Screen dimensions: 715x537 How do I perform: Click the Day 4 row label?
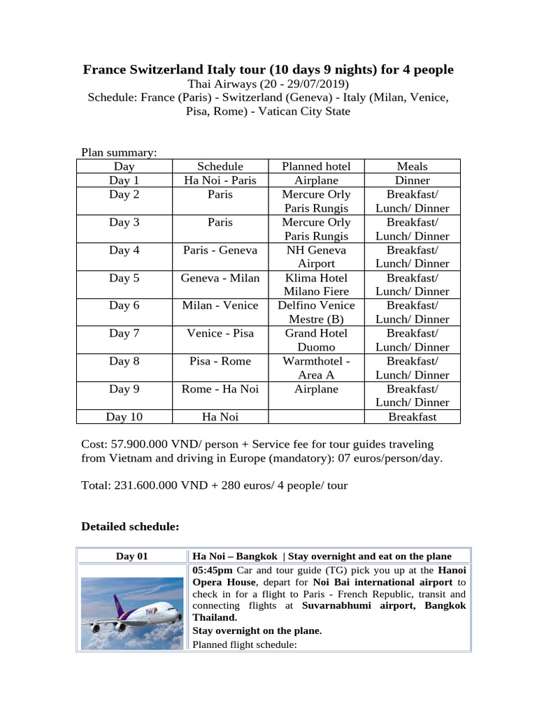click(x=124, y=250)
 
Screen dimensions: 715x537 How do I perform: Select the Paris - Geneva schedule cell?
click(x=220, y=250)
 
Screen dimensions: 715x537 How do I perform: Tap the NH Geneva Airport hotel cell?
click(x=316, y=256)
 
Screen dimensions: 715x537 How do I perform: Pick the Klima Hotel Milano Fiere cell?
click(x=316, y=284)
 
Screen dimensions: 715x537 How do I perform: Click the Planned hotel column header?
click(x=316, y=166)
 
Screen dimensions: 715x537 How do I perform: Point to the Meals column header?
click(x=412, y=166)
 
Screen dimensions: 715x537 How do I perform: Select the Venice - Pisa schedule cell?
click(x=220, y=333)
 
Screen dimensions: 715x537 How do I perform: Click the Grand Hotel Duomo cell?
click(x=316, y=340)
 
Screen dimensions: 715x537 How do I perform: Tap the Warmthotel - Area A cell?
click(x=316, y=368)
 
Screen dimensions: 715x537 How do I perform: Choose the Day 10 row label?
click(x=124, y=417)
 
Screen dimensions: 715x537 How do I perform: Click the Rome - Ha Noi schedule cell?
click(x=220, y=389)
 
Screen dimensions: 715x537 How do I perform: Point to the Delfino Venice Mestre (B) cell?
click(x=316, y=312)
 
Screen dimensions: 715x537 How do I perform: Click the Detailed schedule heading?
click(x=130, y=526)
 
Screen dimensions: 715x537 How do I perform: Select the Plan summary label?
click(x=119, y=152)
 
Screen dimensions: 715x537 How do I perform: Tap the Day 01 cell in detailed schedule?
click(x=132, y=556)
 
